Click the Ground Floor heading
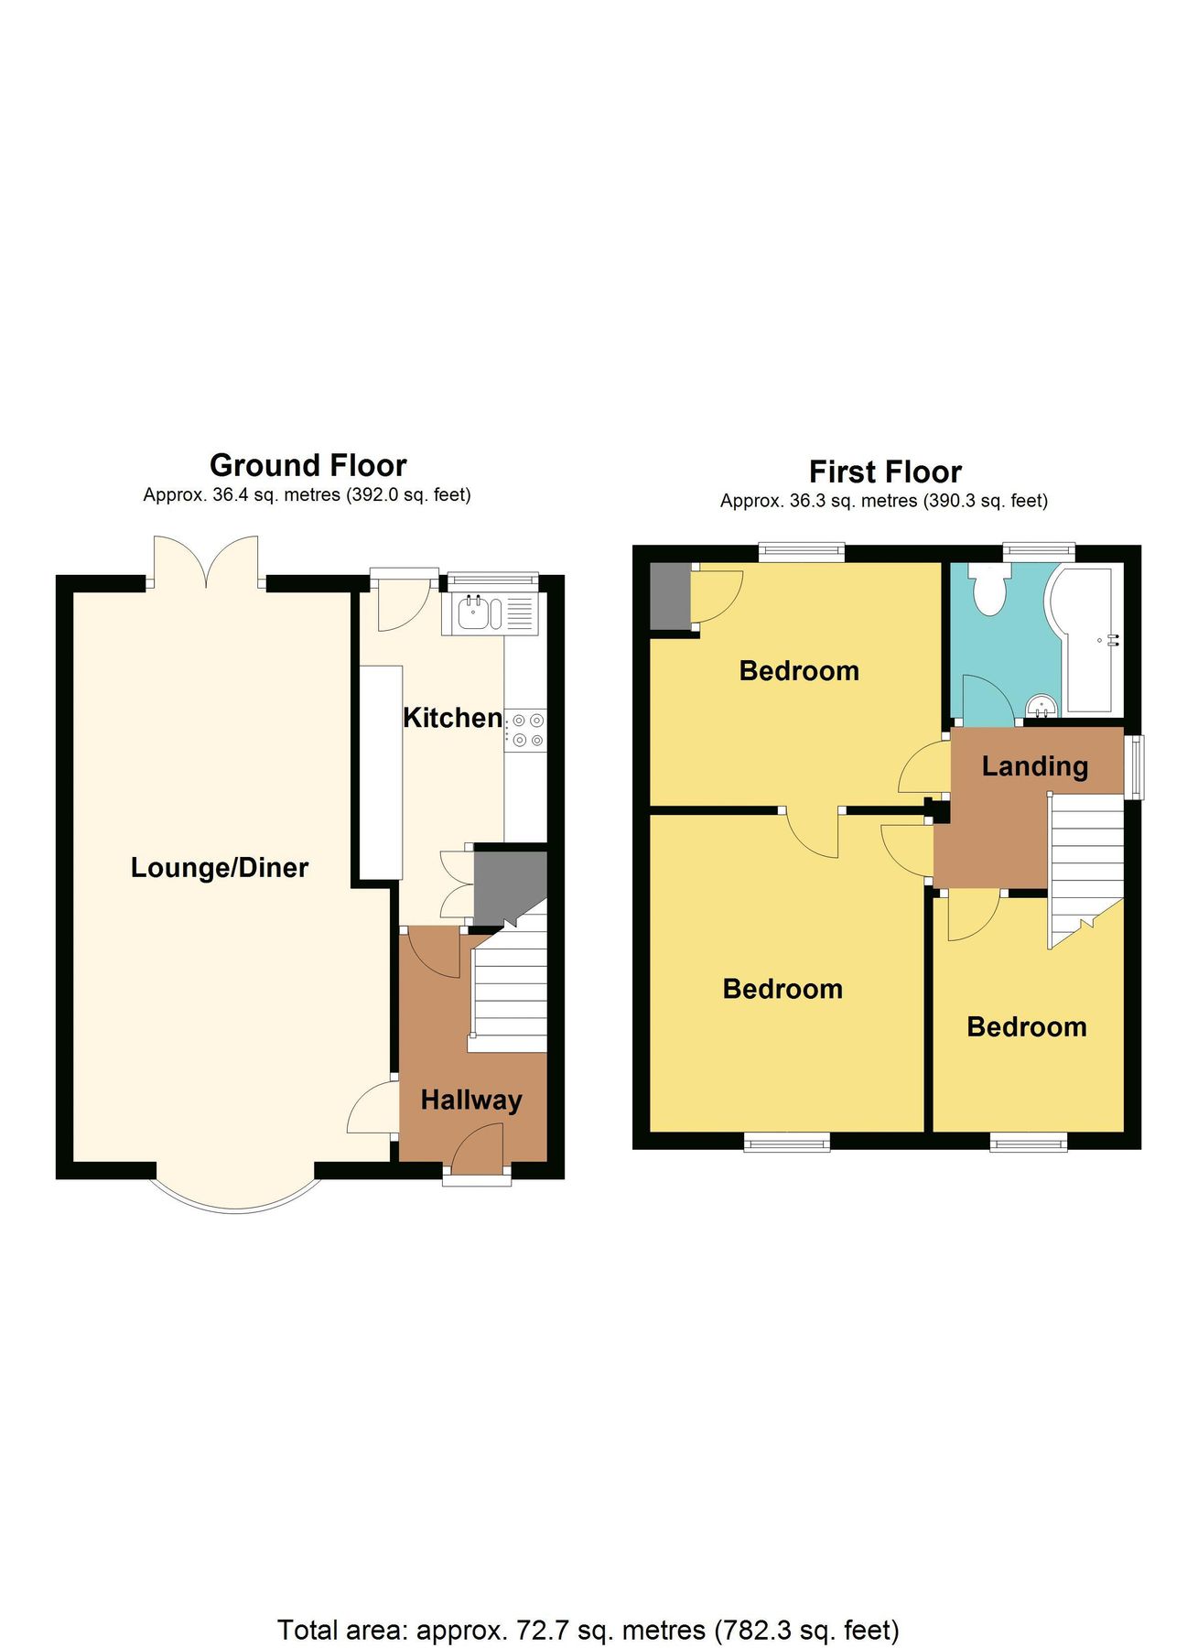point(308,465)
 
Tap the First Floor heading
point(884,472)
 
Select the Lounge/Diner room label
point(220,867)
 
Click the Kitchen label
point(452,717)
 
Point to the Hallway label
point(471,1099)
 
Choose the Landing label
point(1034,765)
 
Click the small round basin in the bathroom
point(1042,705)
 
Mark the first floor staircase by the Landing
point(1085,865)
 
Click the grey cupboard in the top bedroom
point(668,597)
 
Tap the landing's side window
point(1133,766)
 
